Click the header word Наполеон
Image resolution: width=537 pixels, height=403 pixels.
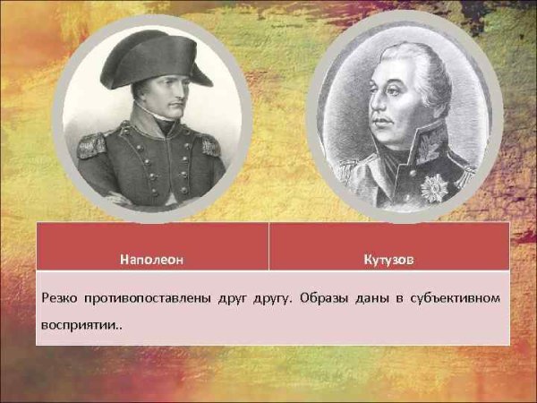coord(151,260)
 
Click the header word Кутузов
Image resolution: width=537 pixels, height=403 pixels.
coord(389,260)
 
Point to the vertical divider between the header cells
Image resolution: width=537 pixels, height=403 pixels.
coord(268,246)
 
